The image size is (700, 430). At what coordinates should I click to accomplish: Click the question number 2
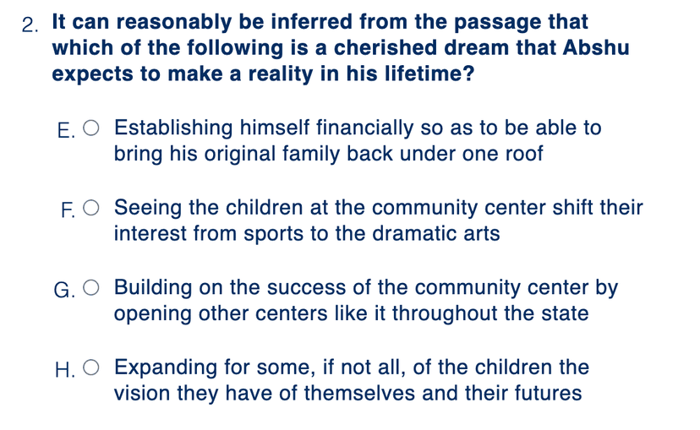(30, 25)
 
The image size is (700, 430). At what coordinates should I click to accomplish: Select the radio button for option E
(91, 128)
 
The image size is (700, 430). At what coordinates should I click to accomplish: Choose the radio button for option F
(91, 208)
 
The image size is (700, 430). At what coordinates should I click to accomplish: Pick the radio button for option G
(91, 288)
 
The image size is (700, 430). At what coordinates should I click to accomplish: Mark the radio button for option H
(91, 367)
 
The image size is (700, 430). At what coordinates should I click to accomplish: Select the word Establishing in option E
(173, 128)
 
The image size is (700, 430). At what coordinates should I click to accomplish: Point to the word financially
(364, 128)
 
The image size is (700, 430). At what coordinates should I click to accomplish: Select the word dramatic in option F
(415, 234)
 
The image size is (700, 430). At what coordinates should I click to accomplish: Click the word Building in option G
(153, 288)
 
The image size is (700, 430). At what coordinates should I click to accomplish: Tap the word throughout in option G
(445, 313)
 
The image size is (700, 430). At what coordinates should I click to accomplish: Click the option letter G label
(64, 291)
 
